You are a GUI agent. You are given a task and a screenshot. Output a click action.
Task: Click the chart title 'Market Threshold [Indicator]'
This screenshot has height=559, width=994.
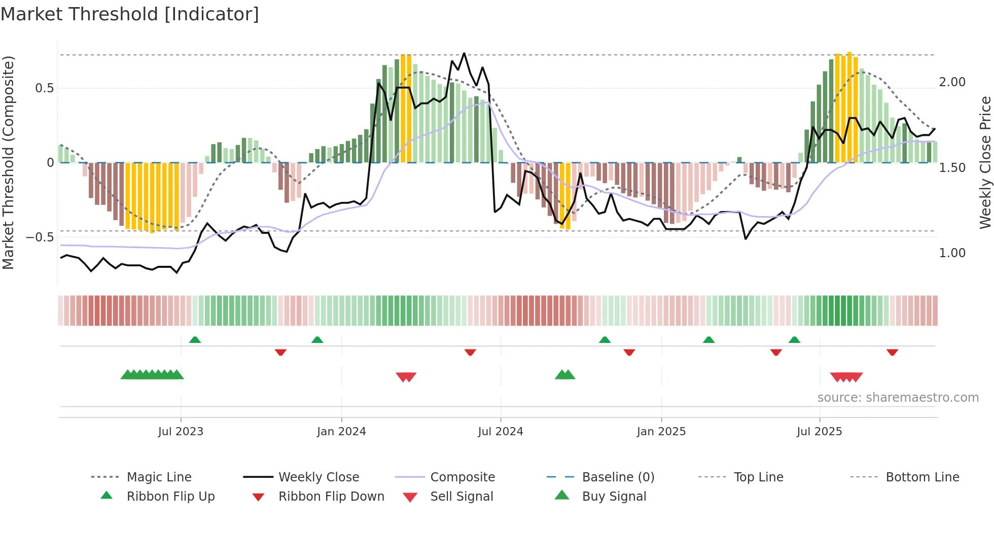tap(130, 14)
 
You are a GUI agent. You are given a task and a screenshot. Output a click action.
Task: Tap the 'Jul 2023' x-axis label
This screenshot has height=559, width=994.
tap(181, 432)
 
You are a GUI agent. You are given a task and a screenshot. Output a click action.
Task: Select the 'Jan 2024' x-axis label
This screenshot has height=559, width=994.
tap(341, 432)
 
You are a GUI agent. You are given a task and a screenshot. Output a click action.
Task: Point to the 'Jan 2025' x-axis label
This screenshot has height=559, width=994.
tap(661, 432)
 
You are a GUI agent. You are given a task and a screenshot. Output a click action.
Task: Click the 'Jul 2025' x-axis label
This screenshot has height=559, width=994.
tap(819, 432)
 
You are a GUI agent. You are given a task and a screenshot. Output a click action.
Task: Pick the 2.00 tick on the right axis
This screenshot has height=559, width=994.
tap(952, 82)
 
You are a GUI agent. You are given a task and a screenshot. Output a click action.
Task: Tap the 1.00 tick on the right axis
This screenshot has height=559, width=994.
tap(952, 253)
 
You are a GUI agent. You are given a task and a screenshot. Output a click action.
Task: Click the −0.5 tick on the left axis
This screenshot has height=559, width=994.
tap(40, 237)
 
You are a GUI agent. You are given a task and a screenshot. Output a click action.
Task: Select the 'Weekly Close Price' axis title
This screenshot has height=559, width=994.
tap(985, 162)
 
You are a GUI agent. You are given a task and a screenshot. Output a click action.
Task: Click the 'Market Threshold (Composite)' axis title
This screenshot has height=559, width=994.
tap(8, 162)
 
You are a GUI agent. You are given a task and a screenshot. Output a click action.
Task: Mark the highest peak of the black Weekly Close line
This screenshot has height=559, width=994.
tap(464, 53)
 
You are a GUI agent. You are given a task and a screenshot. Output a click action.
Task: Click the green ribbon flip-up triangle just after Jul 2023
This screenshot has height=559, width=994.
tap(195, 340)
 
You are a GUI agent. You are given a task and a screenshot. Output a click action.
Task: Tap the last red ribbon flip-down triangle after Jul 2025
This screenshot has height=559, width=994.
tap(892, 352)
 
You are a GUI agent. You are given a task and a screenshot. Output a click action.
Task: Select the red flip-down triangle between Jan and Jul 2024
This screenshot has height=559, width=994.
tap(470, 352)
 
